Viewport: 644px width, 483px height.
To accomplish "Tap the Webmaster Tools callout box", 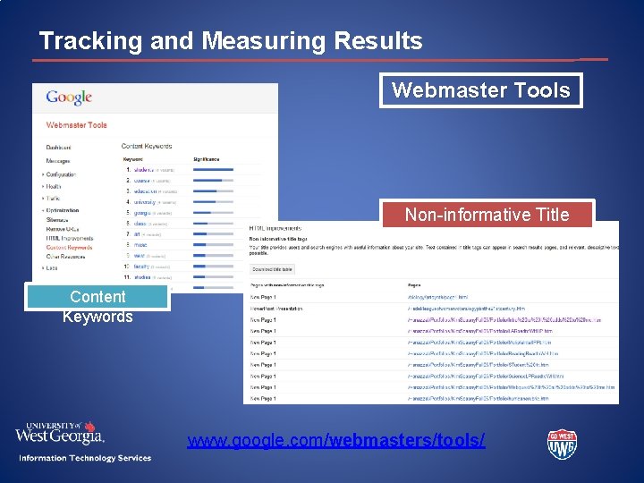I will point(480,90).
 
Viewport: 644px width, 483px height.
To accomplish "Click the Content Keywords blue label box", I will point(97,306).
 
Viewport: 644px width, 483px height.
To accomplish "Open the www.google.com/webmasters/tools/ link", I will point(336,441).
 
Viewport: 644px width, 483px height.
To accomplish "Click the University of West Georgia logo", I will point(59,433).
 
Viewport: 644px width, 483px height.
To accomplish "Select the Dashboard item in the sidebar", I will point(59,147).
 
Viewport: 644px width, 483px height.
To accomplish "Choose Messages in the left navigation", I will point(58,161).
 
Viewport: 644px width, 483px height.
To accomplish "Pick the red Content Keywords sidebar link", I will point(68,248).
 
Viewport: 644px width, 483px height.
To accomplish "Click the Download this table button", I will point(273,267).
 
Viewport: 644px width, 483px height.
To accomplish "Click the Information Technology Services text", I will point(85,458).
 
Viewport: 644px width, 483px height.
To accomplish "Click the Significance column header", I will point(209,157).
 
